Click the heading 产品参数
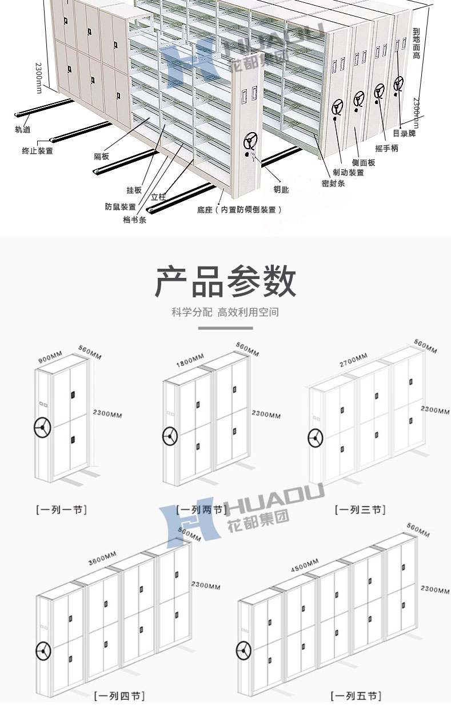click(x=225, y=281)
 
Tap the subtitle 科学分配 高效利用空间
click(x=225, y=312)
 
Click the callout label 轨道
click(x=23, y=130)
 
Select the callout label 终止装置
click(x=37, y=150)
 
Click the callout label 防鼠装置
click(x=120, y=206)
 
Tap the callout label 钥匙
click(x=281, y=189)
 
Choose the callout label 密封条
click(x=333, y=183)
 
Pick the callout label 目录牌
click(x=404, y=134)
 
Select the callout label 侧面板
click(x=363, y=162)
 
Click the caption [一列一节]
click(x=61, y=508)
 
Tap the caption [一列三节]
click(x=360, y=509)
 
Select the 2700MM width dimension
click(x=353, y=360)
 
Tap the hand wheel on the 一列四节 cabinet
click(x=43, y=651)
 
